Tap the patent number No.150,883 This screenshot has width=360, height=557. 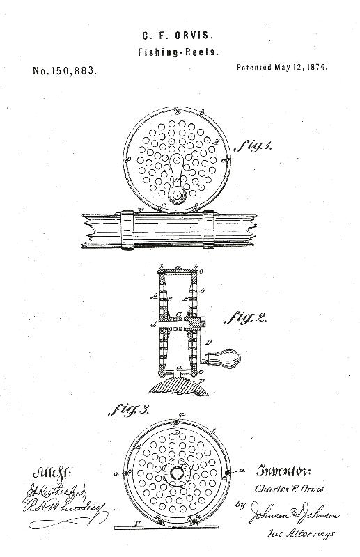(x=64, y=71)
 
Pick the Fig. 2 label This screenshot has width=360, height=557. (x=246, y=318)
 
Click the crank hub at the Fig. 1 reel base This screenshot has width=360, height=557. (x=175, y=196)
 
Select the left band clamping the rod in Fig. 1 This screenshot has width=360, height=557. (x=127, y=228)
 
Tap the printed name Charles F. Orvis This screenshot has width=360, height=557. (x=285, y=489)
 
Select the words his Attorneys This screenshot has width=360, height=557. (x=301, y=533)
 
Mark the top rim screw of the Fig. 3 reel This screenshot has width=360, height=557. (x=179, y=423)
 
